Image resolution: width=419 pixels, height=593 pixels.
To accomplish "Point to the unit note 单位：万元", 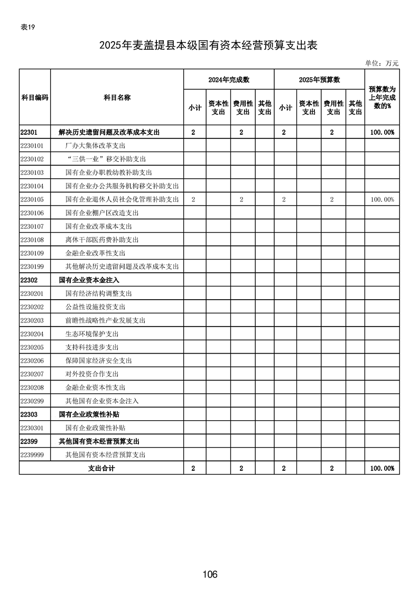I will [x=381, y=63].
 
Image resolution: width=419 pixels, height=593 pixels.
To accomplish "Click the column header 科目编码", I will [x=35, y=98].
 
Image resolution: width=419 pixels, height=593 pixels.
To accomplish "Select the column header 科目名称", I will [x=117, y=98].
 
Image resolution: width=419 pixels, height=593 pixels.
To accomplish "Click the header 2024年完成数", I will [x=228, y=79].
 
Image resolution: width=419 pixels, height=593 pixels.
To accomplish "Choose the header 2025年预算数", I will [x=319, y=79].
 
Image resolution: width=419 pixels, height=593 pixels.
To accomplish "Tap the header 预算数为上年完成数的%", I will [x=382, y=98].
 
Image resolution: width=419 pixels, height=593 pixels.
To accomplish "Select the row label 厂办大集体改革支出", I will [x=95, y=145].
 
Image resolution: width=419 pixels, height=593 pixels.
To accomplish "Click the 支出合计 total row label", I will [x=101, y=468].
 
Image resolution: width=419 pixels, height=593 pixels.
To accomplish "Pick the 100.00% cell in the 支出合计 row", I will [x=382, y=468].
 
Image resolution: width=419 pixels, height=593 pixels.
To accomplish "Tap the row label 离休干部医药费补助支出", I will [x=101, y=239].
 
